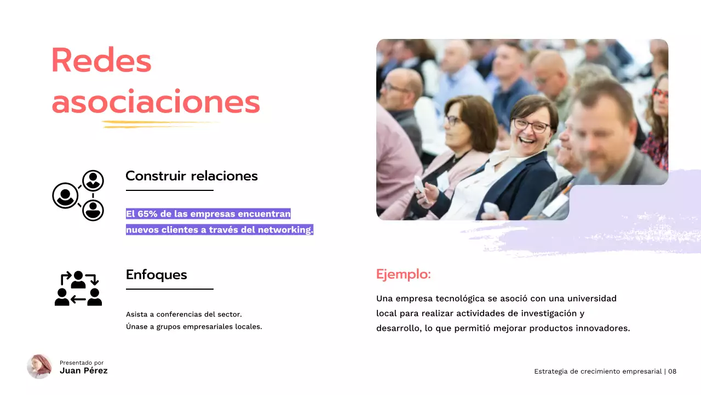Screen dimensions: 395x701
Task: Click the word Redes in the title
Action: (x=101, y=60)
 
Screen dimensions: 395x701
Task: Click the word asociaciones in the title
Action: (x=156, y=102)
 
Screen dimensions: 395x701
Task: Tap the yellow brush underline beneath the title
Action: (x=159, y=124)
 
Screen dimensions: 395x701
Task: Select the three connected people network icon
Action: (x=78, y=195)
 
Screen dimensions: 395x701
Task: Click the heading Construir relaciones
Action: (x=192, y=176)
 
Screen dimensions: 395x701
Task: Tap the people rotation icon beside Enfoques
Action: (x=78, y=289)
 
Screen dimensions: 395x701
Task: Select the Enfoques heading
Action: (x=157, y=275)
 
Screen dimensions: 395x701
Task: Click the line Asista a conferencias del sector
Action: (x=184, y=314)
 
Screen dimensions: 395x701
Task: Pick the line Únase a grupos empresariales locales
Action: (x=194, y=327)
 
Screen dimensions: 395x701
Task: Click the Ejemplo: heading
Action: (x=404, y=274)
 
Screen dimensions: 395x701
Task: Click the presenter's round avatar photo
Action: (x=39, y=366)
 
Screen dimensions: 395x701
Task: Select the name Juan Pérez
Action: (x=84, y=371)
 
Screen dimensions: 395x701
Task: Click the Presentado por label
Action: (x=82, y=363)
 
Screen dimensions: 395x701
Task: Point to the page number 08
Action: (x=672, y=371)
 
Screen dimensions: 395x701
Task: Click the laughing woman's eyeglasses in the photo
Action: (x=531, y=125)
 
